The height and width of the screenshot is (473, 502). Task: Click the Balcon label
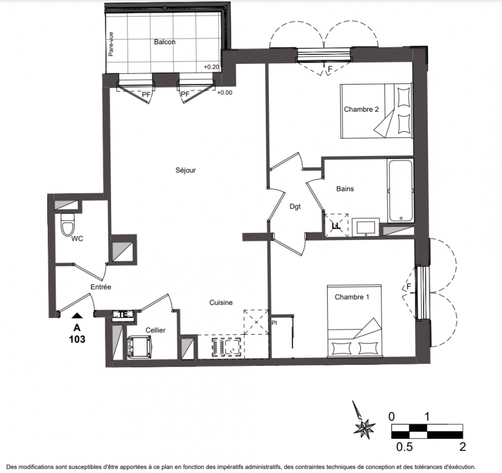coord(165,42)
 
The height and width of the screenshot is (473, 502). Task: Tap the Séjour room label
coord(185,170)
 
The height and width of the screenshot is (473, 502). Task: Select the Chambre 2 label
coord(361,109)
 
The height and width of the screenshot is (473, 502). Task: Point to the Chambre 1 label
coord(352,297)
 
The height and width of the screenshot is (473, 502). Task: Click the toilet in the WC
coord(67,225)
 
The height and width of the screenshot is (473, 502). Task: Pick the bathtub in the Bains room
coord(400,190)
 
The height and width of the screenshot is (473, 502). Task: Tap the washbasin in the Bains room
coord(366,227)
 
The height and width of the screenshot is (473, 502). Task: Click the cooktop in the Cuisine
coord(226,346)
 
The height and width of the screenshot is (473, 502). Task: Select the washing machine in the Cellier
coord(139,347)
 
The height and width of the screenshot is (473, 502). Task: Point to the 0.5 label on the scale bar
coord(405,447)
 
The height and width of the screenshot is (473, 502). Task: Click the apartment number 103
coord(77,339)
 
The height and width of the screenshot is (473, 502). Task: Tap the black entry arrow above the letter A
coord(77,316)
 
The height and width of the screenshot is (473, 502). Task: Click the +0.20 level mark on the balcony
coord(211,67)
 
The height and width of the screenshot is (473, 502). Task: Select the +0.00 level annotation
coord(225,93)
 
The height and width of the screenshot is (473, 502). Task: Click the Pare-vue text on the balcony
coord(111,44)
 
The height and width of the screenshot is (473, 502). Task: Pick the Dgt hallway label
coord(295,207)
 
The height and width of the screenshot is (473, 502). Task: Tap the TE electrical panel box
coord(123,315)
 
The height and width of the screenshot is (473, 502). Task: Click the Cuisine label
coord(221,303)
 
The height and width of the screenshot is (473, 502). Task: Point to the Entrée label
coord(101,287)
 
